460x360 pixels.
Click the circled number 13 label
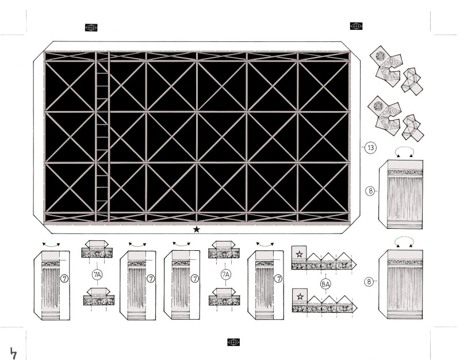(371, 148)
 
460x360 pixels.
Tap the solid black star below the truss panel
(197, 229)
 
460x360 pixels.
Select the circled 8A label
(325, 284)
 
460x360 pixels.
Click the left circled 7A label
(97, 275)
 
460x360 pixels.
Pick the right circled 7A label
(225, 275)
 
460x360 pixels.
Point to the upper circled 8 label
(370, 191)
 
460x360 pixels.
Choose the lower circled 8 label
(369, 282)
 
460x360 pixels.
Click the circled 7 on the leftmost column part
(64, 278)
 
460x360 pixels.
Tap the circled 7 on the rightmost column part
(278, 278)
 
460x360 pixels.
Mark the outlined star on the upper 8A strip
(299, 254)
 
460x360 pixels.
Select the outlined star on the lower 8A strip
(300, 296)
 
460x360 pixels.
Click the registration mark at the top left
(91, 28)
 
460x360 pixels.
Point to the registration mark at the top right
(356, 26)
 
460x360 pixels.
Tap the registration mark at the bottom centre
(233, 342)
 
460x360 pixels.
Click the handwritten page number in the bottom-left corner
(13, 353)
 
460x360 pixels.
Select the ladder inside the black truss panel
(102, 136)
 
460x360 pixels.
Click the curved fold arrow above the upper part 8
(405, 148)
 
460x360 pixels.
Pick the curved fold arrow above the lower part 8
(405, 238)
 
